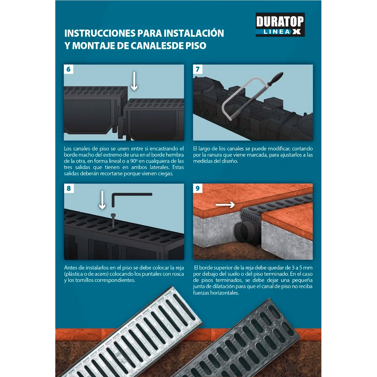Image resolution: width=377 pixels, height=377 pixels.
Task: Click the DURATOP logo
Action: (280, 25)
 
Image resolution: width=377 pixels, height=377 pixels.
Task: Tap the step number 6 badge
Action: (68, 69)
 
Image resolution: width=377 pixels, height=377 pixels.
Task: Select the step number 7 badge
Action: (198, 69)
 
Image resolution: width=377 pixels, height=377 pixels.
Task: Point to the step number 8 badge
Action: (69, 188)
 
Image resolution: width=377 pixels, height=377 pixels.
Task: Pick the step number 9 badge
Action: (198, 188)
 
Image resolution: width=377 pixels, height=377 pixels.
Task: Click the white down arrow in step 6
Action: (134, 81)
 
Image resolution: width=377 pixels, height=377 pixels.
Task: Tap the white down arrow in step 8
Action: (102, 200)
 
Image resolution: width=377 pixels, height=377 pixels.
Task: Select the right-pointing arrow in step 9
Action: (225, 205)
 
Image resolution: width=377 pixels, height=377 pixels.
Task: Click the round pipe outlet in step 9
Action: (242, 232)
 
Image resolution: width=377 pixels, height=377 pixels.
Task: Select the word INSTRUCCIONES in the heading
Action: (100, 33)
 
